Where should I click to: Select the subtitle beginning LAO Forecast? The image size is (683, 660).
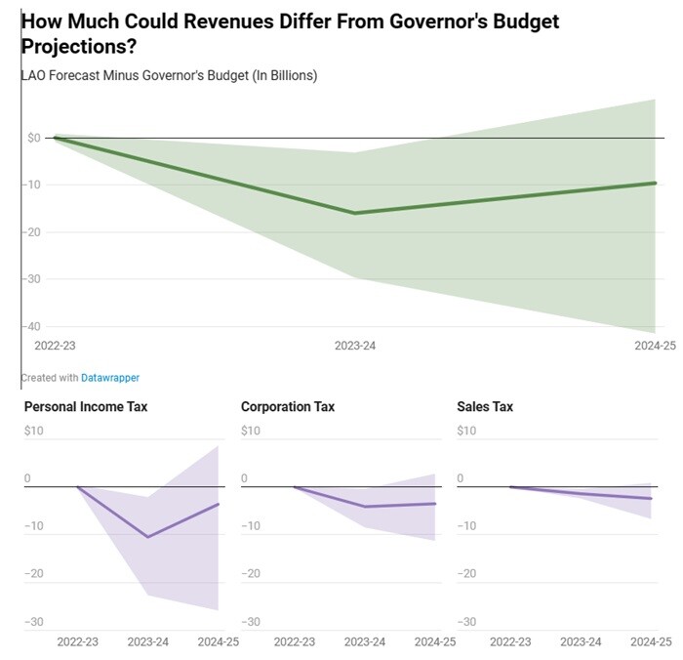pos(168,75)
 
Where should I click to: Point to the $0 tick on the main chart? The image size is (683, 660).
pos(34,138)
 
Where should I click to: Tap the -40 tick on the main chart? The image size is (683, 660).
pos(33,326)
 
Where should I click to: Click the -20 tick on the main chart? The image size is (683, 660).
pos(33,231)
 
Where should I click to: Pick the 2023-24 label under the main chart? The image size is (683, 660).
pos(355,346)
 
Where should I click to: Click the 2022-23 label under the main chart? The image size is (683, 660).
pos(55,346)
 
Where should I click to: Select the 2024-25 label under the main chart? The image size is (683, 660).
pos(654,346)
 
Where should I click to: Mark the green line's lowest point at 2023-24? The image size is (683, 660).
pos(354,213)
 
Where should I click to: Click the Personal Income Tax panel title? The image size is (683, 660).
pos(86,406)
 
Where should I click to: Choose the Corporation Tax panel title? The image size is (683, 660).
pos(288,406)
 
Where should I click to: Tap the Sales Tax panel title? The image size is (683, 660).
pos(485,406)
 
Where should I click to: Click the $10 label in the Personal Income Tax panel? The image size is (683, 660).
pos(34,431)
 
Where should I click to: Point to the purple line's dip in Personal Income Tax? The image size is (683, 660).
pos(148,537)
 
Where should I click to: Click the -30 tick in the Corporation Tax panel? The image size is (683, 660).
pos(251,622)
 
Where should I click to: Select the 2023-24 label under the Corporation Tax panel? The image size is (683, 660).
pos(365,641)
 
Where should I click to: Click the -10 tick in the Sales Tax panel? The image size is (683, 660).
pos(467,526)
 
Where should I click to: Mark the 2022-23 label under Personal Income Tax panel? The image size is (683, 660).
pos(77,641)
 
